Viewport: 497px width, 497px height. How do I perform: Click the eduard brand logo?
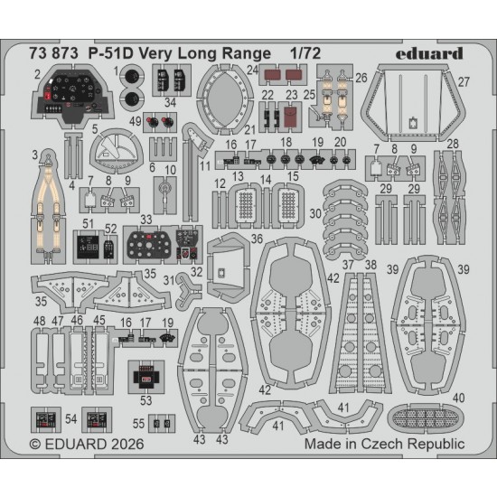click(x=429, y=53)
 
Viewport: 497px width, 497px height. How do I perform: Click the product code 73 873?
click(x=53, y=53)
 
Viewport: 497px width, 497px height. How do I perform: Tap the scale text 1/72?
click(x=305, y=53)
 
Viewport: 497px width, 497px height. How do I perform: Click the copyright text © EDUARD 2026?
click(x=87, y=444)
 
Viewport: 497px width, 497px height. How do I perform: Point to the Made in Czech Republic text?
click(x=384, y=444)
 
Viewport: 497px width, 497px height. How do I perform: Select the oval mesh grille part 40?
click(x=426, y=418)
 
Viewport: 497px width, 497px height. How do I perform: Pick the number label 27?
click(x=464, y=82)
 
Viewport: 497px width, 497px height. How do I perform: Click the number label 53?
click(x=145, y=400)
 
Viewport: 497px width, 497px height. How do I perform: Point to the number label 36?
click(x=257, y=239)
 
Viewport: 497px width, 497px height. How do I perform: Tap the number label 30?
click(x=315, y=213)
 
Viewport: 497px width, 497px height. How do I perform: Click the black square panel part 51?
click(x=86, y=248)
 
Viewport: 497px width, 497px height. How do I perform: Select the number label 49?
click(x=136, y=121)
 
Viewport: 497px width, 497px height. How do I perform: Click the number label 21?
click(x=250, y=129)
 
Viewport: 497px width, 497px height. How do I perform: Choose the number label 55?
click(x=138, y=424)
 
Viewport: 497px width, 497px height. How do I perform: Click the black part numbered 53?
click(x=145, y=377)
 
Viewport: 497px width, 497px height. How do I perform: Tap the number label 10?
click(x=170, y=170)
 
